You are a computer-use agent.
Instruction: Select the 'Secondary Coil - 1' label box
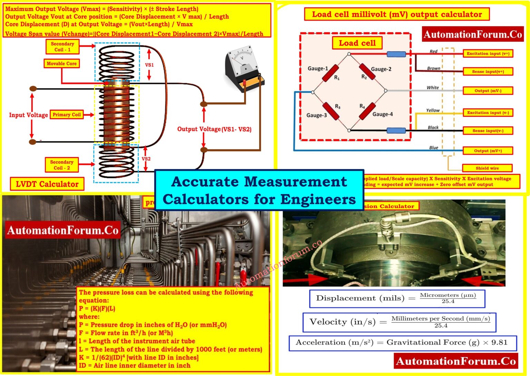click(x=62, y=47)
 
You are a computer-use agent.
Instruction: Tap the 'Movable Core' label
click(x=62, y=64)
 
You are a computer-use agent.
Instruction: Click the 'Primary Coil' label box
click(x=67, y=115)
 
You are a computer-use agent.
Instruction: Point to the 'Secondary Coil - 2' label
click(x=62, y=165)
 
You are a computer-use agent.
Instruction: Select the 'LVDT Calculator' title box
click(x=47, y=184)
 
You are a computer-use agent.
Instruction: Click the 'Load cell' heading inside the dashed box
click(x=357, y=43)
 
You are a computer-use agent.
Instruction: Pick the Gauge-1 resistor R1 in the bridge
click(x=330, y=73)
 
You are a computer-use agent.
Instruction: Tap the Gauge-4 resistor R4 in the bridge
click(x=367, y=111)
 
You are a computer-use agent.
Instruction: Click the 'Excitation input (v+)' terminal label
click(x=488, y=54)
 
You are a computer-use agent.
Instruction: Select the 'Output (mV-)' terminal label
click(x=488, y=91)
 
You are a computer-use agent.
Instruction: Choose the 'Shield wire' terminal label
click(x=487, y=168)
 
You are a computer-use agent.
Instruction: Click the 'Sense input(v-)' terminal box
click(x=488, y=131)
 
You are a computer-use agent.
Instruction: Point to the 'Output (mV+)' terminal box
click(x=488, y=151)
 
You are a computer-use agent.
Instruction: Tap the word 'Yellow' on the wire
click(x=433, y=110)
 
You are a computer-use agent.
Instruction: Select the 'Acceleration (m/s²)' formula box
click(x=402, y=343)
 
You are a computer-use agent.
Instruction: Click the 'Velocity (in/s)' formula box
click(x=399, y=322)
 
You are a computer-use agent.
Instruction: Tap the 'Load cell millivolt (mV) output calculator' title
click(x=397, y=15)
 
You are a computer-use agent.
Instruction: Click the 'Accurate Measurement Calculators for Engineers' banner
click(x=259, y=190)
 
